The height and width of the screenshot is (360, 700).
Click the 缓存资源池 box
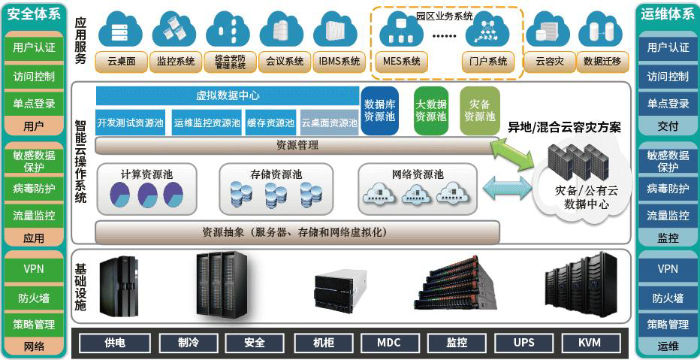[x=270, y=123]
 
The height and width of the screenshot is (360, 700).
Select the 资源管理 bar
[x=297, y=145]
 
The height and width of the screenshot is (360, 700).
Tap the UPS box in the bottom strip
[x=523, y=343]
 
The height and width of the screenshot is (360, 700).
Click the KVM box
[x=590, y=343]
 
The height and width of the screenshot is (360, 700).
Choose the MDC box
[x=388, y=343]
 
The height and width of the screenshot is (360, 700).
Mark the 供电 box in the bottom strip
[x=115, y=343]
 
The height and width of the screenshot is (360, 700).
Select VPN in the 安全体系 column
[x=34, y=268]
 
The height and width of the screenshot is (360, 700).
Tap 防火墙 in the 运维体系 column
[x=668, y=298]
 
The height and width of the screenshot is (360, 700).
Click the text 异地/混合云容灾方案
[x=565, y=128]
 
